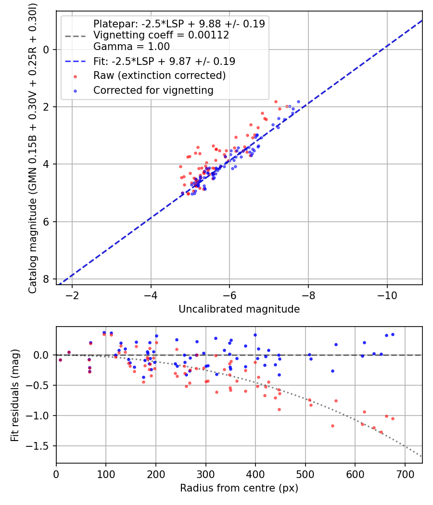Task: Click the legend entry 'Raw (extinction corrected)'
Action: [x=159, y=76]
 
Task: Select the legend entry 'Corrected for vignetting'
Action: [x=153, y=90]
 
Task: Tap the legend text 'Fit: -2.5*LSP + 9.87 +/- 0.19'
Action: [x=164, y=61]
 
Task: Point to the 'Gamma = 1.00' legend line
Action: [x=131, y=47]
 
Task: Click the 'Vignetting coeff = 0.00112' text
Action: [x=161, y=35]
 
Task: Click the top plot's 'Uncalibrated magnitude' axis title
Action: [x=239, y=309]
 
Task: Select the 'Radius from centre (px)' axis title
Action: [x=239, y=488]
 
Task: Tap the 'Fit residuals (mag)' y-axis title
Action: [x=15, y=395]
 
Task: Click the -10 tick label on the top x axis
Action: [x=387, y=295]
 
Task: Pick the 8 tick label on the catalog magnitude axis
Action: [x=46, y=279]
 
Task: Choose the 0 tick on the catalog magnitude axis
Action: [x=46, y=50]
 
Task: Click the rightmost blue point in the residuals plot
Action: [x=393, y=334]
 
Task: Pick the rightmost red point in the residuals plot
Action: [x=393, y=418]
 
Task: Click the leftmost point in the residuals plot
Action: [x=60, y=360]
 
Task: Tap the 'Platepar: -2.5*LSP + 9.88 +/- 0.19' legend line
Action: [x=179, y=24]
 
